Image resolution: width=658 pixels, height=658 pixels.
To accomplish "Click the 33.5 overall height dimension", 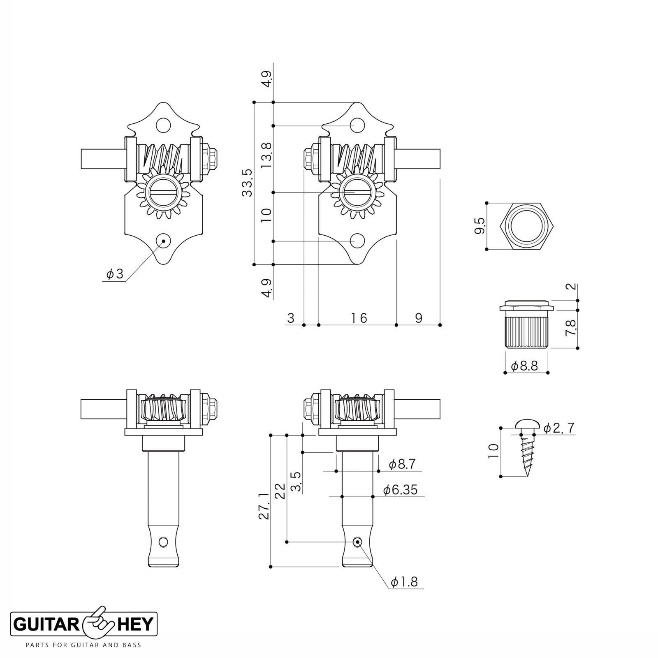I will [247, 182].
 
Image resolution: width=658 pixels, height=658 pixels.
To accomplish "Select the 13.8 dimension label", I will [266, 155].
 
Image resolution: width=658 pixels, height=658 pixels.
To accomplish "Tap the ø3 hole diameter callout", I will [115, 274].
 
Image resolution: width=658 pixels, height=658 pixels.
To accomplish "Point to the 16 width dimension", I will [359, 318].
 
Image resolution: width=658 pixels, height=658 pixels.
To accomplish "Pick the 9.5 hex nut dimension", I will [480, 226].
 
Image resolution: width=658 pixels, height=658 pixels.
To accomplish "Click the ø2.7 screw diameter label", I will [558, 428].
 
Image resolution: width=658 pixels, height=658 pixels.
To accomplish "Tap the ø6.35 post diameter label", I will [400, 489].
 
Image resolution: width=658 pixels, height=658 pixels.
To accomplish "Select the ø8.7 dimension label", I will [402, 464].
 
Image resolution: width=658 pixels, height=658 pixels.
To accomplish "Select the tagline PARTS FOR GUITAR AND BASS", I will [83, 644].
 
